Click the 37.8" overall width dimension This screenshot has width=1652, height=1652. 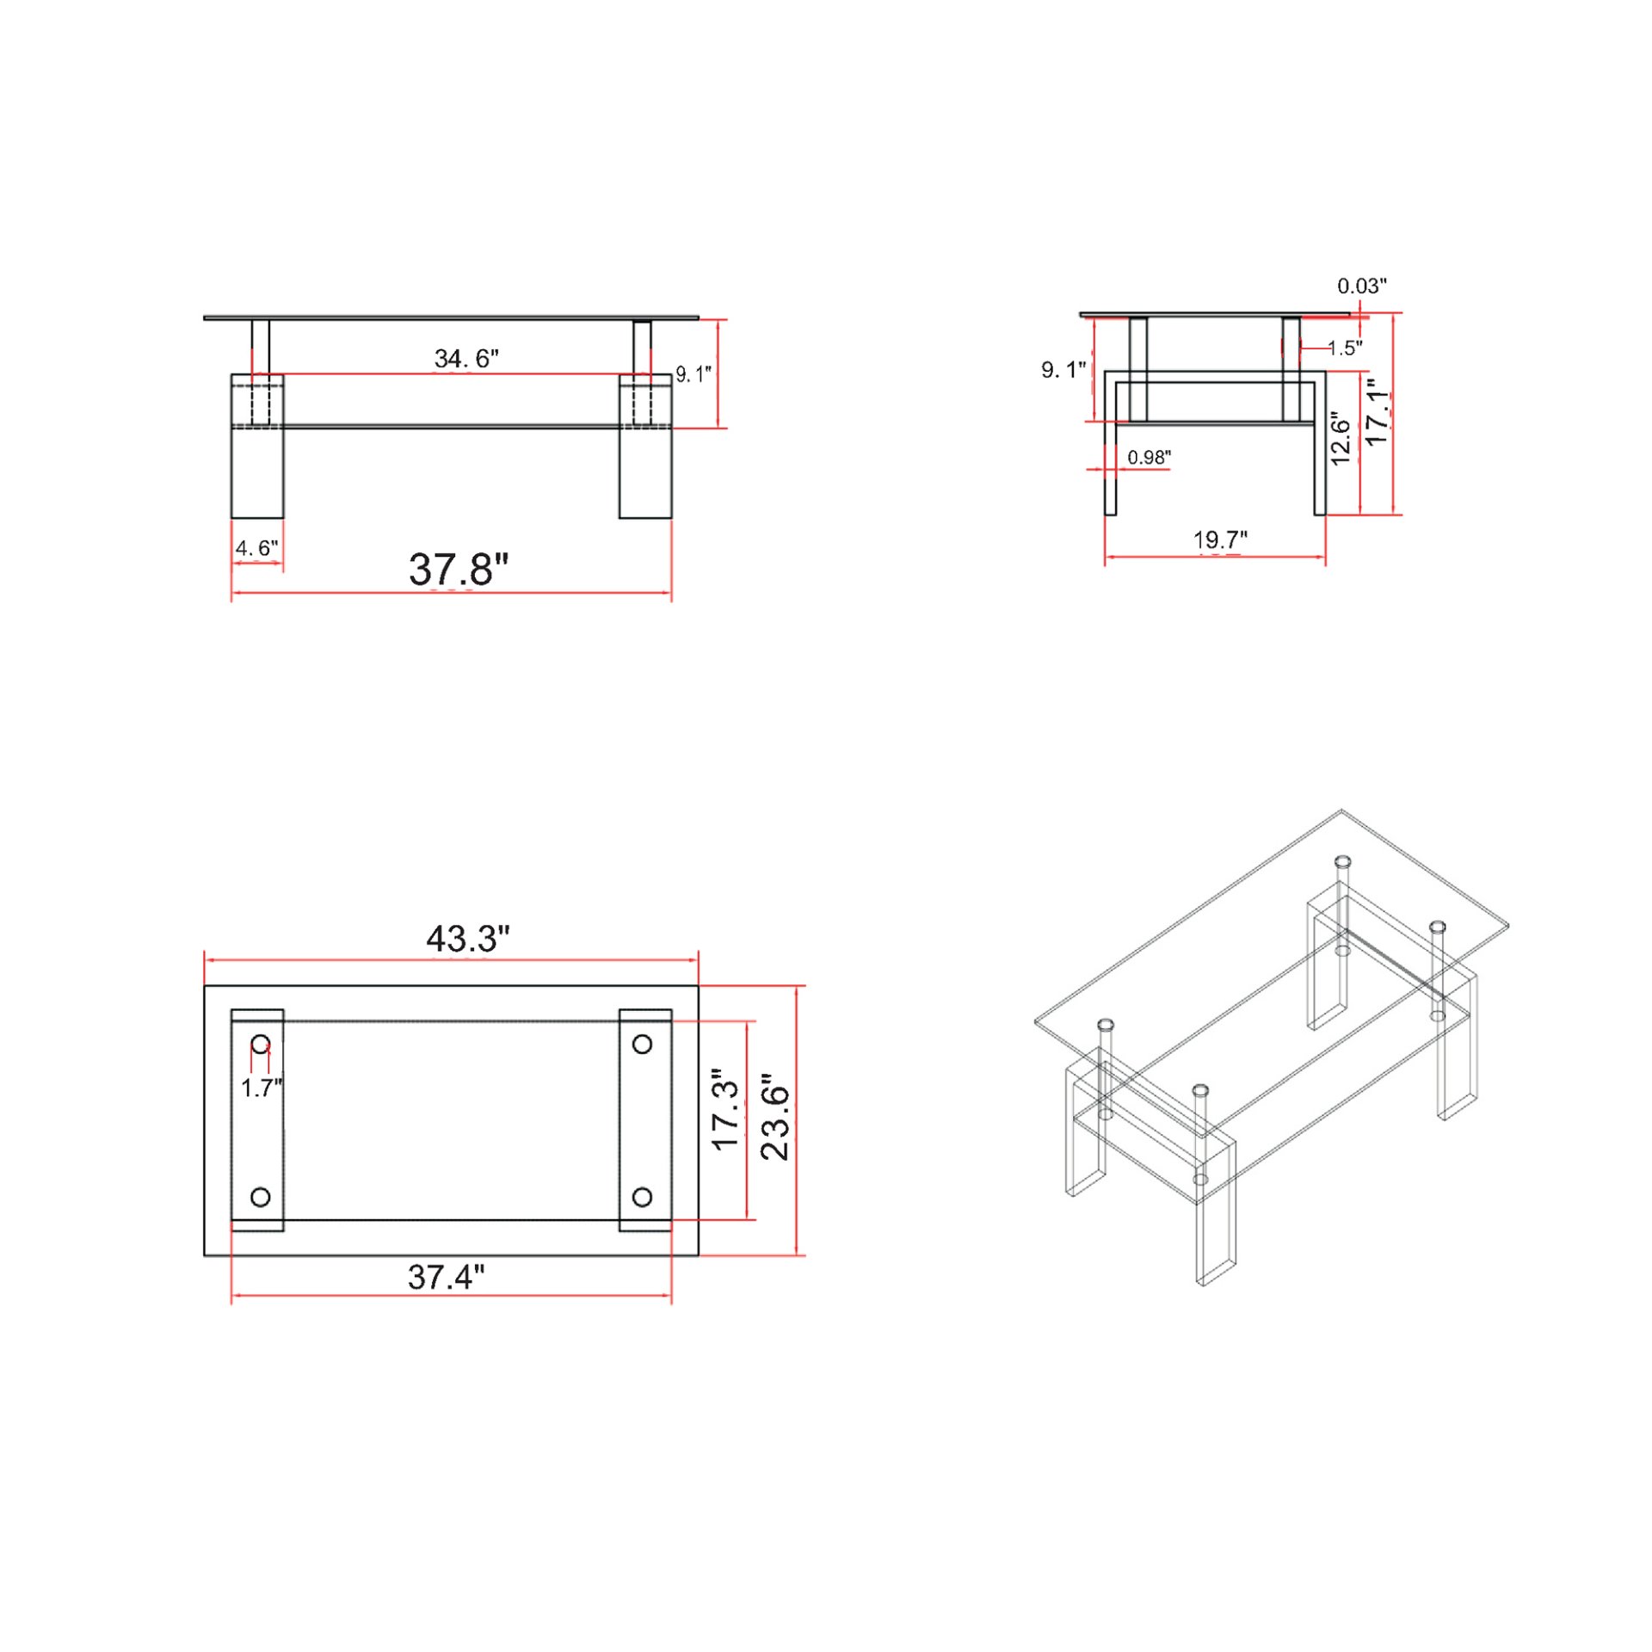tap(458, 570)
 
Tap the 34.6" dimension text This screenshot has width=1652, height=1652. tap(465, 358)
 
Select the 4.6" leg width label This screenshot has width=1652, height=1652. tap(256, 548)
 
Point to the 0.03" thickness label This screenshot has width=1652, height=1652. tap(1361, 286)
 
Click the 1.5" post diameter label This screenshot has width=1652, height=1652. tap(1344, 348)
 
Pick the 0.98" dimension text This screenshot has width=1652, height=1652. tap(1149, 457)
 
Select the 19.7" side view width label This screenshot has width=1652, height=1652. tap(1219, 539)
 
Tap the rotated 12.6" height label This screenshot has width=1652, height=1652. tap(1341, 438)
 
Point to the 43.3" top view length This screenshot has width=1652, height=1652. tap(467, 939)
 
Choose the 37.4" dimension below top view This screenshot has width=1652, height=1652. tap(446, 1277)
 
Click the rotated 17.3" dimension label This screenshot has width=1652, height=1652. tap(725, 1110)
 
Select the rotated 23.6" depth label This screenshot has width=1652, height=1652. tap(775, 1116)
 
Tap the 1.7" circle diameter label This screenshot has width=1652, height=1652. tap(261, 1088)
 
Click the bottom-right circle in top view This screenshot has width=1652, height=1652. tap(642, 1197)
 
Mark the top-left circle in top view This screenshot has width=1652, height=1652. tap(261, 1045)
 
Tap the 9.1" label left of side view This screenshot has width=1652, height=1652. tap(1063, 370)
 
